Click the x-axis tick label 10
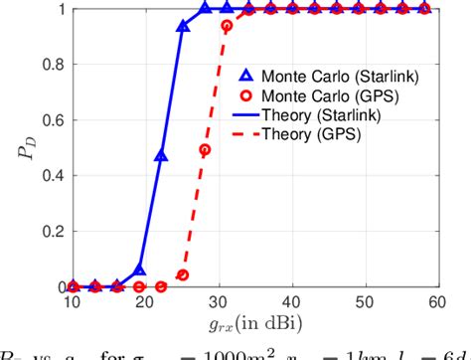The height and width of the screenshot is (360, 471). (72, 300)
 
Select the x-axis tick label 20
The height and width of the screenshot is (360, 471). (145, 300)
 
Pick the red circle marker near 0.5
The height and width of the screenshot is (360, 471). (205, 150)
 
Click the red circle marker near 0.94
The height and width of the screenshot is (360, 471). (227, 26)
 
